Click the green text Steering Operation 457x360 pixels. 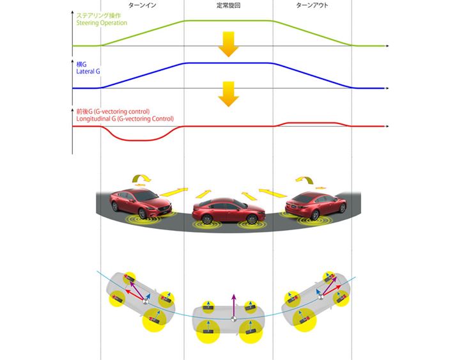pyautogui.click(x=101, y=23)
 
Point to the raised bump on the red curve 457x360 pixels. pyautogui.click(x=314, y=122)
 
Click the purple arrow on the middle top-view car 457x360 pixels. pyautogui.click(x=233, y=304)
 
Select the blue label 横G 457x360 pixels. pyautogui.click(x=81, y=64)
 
